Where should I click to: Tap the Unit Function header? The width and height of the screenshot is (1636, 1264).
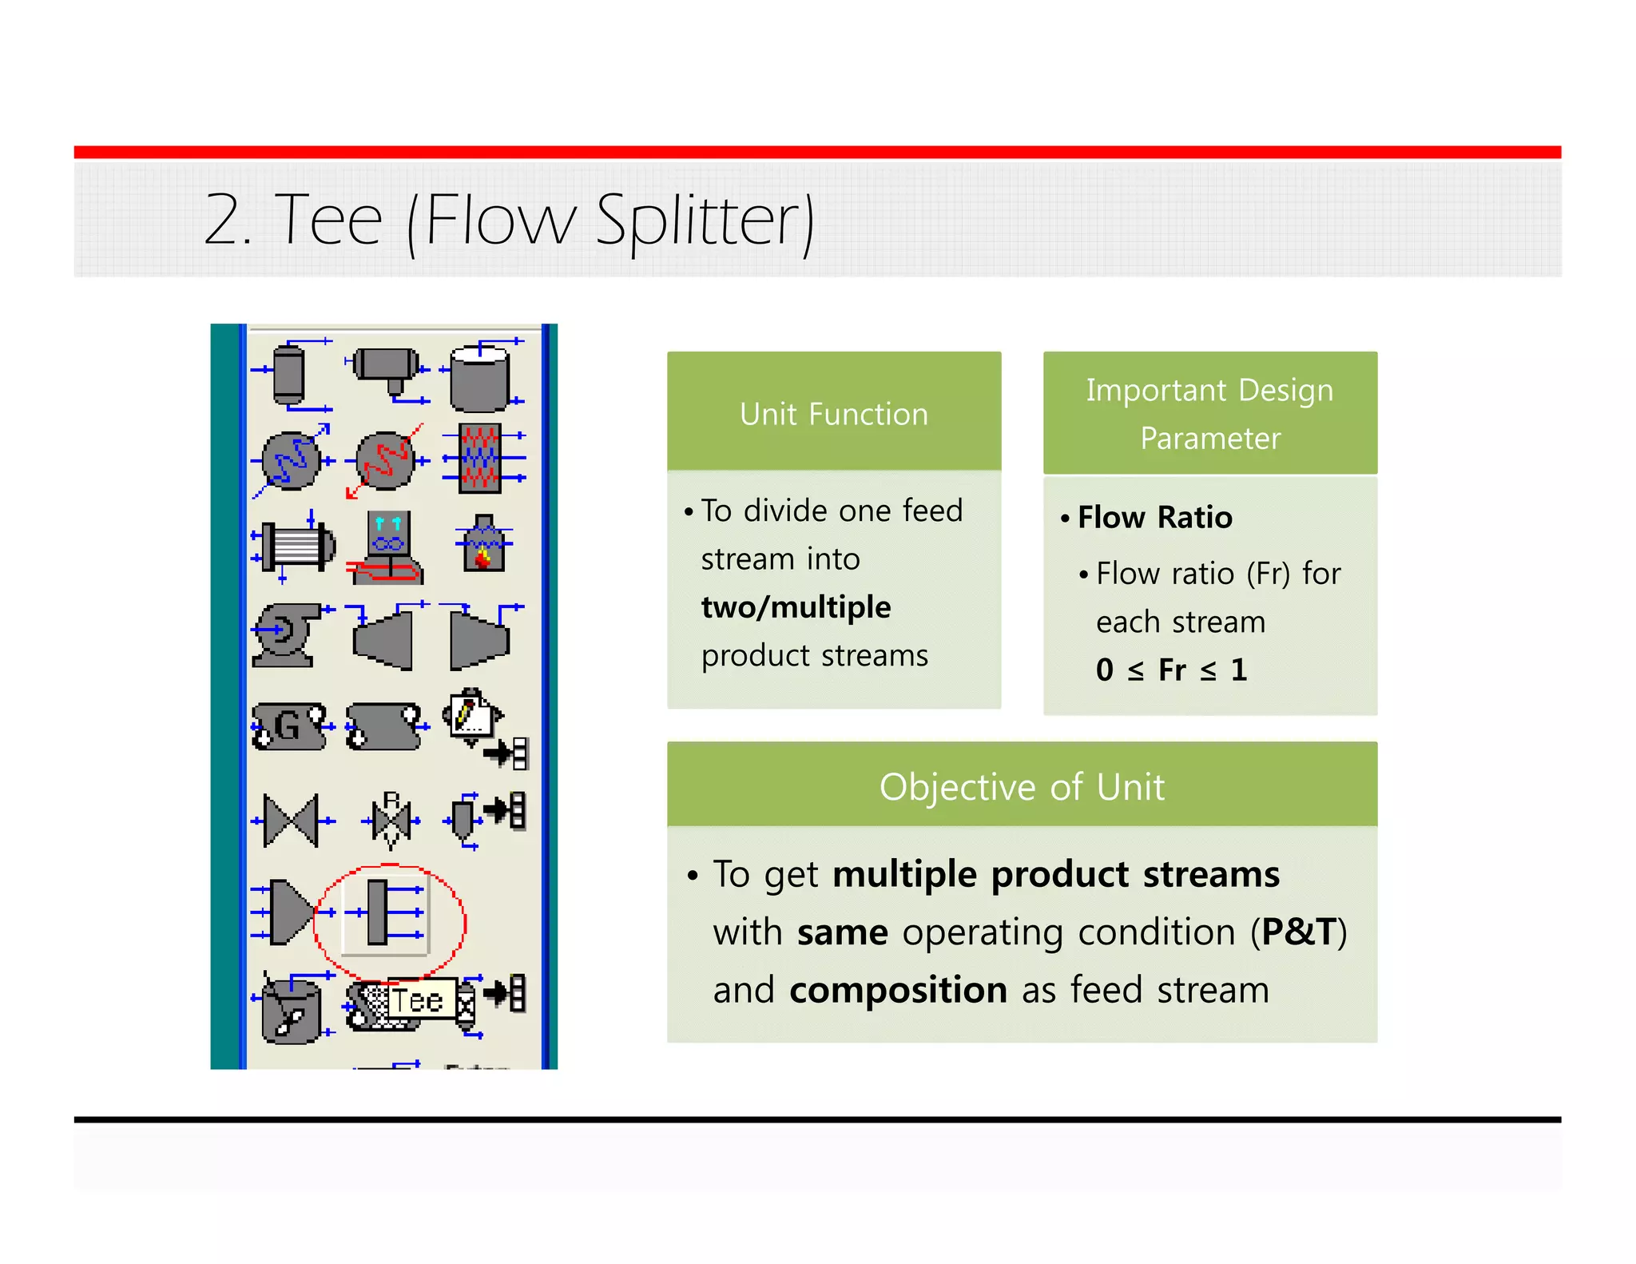coord(833,414)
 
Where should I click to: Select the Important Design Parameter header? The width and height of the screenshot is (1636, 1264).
coord(1209,413)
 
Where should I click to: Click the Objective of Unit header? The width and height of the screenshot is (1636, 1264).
coord(1022,786)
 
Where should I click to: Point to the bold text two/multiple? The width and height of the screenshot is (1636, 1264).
coord(796,607)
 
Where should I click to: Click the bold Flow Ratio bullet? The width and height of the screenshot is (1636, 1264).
coord(1154,518)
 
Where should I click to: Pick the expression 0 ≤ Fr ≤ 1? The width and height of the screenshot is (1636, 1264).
coord(1171,670)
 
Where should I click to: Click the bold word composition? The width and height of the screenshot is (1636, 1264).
coord(898,990)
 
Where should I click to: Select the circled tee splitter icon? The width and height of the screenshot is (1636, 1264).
coord(387,913)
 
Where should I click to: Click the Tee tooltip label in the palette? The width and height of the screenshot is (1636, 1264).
coord(416,1000)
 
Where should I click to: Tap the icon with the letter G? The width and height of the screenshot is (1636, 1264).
coord(288,726)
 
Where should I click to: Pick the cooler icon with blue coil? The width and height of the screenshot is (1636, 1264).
coord(291,461)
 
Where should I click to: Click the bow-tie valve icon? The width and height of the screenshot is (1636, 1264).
coord(291,821)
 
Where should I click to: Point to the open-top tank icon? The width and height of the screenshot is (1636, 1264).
coord(479,377)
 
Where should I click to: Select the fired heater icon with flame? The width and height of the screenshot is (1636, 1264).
coord(483,545)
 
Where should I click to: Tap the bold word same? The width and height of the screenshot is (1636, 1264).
coord(842,932)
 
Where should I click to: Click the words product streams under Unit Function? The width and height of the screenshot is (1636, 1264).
coord(814,656)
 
